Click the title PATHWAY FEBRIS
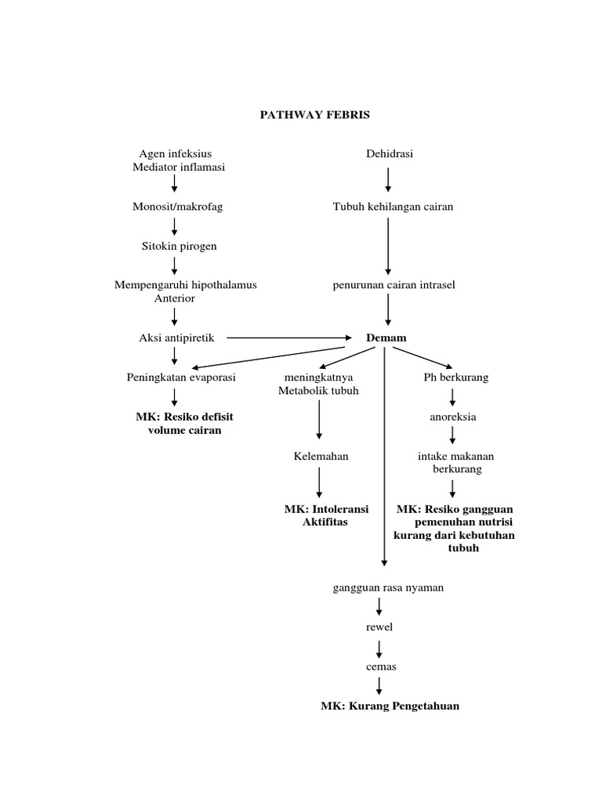(314, 114)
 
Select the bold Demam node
(386, 338)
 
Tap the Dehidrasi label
(389, 154)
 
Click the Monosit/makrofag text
(174, 207)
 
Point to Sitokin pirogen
(174, 246)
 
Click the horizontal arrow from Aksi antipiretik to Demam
(290, 338)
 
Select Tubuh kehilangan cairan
(393, 207)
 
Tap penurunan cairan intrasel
(393, 285)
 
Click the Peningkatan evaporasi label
(181, 378)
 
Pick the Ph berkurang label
(455, 378)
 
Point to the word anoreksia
(452, 417)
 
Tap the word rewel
(379, 627)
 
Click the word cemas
(379, 667)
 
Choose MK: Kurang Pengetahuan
(390, 706)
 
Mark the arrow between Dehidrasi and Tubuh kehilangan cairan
(388, 180)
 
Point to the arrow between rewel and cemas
(379, 647)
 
